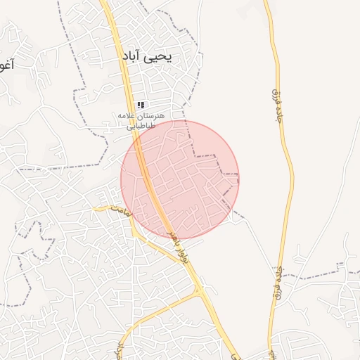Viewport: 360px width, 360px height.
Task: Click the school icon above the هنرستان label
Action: (x=141, y=104)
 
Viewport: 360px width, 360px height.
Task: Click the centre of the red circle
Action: (x=180, y=180)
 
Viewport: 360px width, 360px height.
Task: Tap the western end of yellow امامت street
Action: (x=95, y=208)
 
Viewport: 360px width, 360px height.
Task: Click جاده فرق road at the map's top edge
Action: (x=266, y=2)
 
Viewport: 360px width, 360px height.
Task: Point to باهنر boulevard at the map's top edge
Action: (x=104, y=2)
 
